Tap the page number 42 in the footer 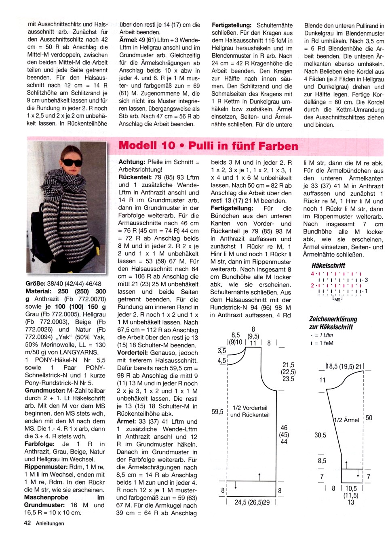click(27, 523)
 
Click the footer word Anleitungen click(50, 523)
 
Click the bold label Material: click(38, 291)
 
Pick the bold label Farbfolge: click(40, 444)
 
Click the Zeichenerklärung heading click(333, 319)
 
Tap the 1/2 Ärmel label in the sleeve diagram click(346, 420)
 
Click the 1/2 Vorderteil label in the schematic click(250, 408)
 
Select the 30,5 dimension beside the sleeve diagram click(320, 435)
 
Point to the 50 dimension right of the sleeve click(369, 418)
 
